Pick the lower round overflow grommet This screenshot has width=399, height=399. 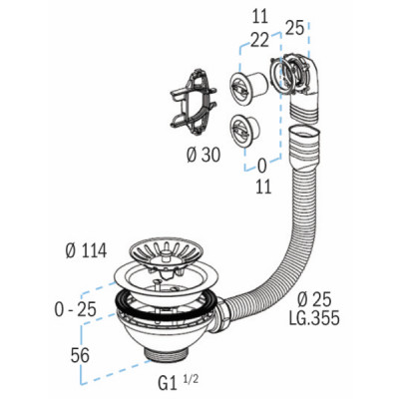[x=245, y=129]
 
